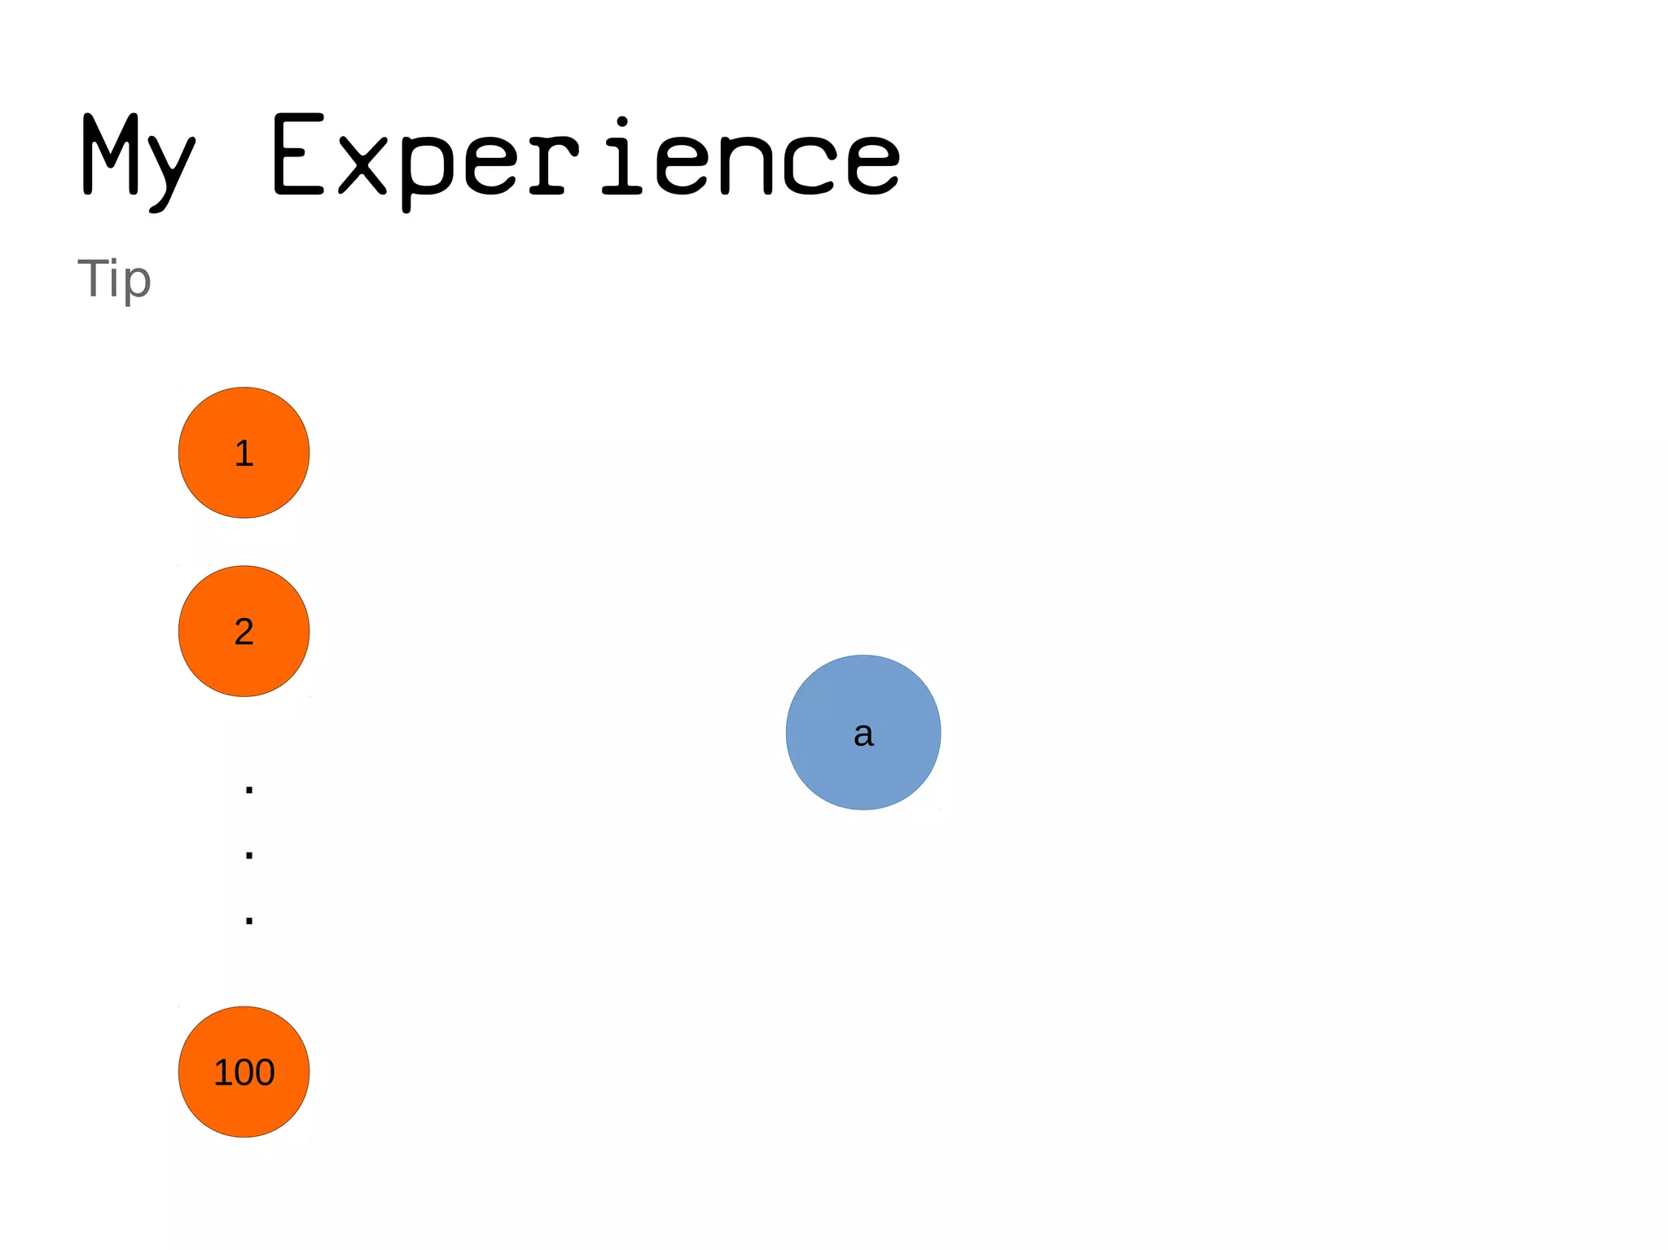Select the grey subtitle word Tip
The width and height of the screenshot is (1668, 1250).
click(114, 279)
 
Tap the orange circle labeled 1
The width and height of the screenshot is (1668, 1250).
click(244, 453)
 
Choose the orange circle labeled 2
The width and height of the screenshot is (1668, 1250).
click(244, 631)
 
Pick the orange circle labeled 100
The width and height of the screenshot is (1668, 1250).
click(244, 1072)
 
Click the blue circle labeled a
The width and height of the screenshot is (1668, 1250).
click(863, 732)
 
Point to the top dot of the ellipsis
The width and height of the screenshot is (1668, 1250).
click(249, 789)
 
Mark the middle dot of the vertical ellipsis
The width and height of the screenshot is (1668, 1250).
click(249, 855)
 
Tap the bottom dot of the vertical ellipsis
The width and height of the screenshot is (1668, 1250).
click(249, 921)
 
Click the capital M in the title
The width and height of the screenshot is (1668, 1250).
click(110, 155)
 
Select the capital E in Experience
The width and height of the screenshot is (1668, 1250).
click(299, 155)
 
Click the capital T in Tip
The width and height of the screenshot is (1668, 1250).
click(94, 278)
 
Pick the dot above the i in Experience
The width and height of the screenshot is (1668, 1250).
click(622, 122)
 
